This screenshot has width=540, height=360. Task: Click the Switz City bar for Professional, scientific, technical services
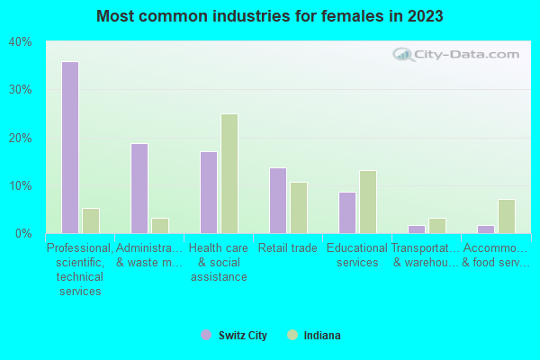pos(70,148)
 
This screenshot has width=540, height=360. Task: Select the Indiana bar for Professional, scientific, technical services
pos(91,220)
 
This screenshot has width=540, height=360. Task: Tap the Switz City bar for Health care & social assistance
pos(209,193)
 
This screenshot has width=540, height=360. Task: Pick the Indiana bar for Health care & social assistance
pos(229,174)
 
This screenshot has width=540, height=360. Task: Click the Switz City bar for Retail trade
pos(278,201)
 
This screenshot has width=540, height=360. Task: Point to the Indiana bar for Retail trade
pos(299,208)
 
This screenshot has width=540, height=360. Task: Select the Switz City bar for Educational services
pos(347,212)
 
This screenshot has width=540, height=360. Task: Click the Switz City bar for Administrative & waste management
pos(139,188)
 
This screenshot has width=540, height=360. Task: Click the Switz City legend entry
pos(235,336)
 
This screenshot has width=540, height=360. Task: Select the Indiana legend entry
pos(314,336)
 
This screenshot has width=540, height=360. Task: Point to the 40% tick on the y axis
pos(20,41)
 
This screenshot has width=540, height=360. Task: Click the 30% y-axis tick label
pos(20,90)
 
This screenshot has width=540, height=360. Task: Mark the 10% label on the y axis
pos(20,186)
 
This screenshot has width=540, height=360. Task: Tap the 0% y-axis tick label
pos(22,234)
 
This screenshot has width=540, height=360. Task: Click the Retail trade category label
pos(288,248)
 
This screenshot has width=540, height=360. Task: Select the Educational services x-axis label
pos(357,256)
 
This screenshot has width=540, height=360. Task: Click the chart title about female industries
pos(270,16)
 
